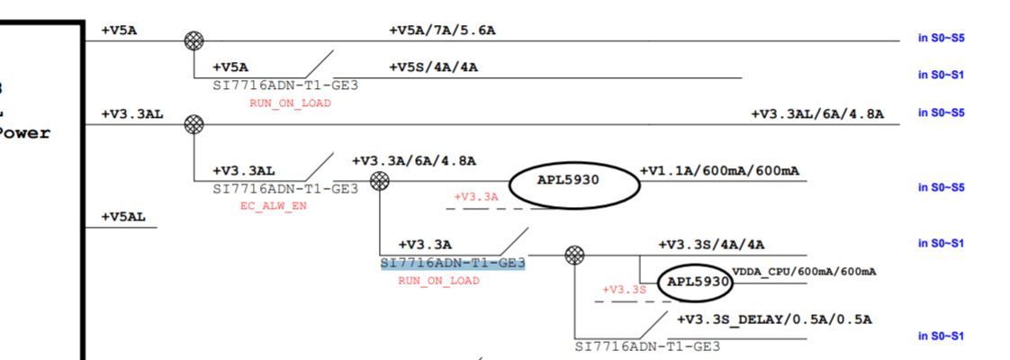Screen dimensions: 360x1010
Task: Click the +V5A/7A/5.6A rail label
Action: pyautogui.click(x=442, y=30)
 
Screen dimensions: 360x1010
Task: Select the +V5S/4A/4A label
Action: pyautogui.click(x=433, y=67)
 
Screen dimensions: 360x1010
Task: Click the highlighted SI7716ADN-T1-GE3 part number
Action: pyautogui.click(x=453, y=263)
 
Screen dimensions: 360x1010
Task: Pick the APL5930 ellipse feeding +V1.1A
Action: pyautogui.click(x=574, y=181)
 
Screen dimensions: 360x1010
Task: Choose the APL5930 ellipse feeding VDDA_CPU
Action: pyautogui.click(x=694, y=282)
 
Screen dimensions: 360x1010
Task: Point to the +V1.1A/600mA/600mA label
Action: pyautogui.click(x=719, y=171)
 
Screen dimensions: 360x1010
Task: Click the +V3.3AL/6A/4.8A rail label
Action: pyautogui.click(x=817, y=114)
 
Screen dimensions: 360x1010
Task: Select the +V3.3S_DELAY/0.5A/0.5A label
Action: pyautogui.click(x=774, y=319)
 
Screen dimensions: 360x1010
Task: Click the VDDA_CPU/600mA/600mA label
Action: pyautogui.click(x=804, y=271)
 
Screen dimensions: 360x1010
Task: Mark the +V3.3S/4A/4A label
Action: pyautogui.click(x=712, y=245)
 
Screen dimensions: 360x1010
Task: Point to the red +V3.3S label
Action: pyautogui.click(x=624, y=289)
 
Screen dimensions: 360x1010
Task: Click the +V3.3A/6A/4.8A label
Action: pyautogui.click(x=414, y=161)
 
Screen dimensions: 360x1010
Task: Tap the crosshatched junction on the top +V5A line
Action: pyautogui.click(x=194, y=40)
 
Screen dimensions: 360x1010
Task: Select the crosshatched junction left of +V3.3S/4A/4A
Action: pyautogui.click(x=573, y=255)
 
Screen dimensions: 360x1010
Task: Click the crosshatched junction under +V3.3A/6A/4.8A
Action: pyautogui.click(x=380, y=181)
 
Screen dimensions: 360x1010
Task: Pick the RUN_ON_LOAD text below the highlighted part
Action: pyautogui.click(x=438, y=281)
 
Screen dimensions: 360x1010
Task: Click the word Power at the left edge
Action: pyautogui.click(x=25, y=133)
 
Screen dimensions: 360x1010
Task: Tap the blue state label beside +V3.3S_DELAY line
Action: pyautogui.click(x=941, y=336)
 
